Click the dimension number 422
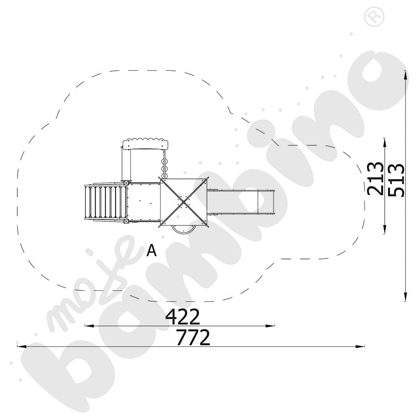[183, 317]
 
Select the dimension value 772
[193, 338]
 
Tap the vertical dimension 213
[375, 178]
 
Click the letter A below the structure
[152, 251]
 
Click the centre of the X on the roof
[183, 202]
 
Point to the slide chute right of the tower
[241, 202]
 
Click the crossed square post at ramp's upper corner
[126, 183]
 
